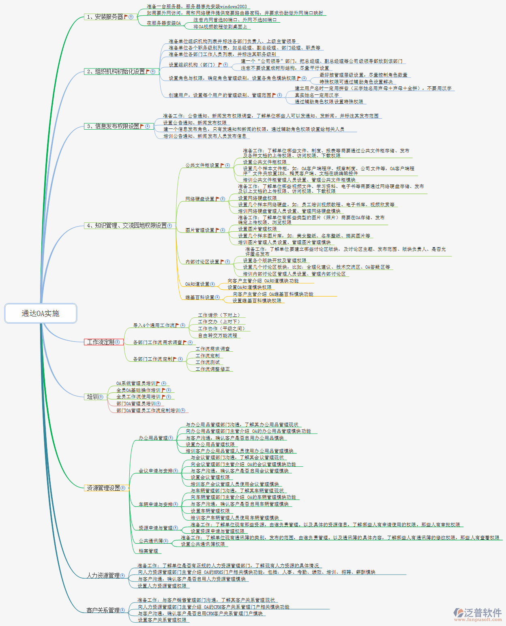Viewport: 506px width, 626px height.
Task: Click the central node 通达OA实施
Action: [x=41, y=313]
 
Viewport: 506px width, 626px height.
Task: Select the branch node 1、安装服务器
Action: [x=105, y=17]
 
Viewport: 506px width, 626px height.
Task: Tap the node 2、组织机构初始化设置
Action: [x=116, y=71]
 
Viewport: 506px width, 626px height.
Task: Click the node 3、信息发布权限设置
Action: [x=113, y=126]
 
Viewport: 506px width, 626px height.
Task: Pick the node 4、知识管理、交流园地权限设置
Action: [x=126, y=225]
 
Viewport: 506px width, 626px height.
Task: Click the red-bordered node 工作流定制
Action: [x=101, y=342]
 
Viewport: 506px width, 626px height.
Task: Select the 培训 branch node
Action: [x=92, y=397]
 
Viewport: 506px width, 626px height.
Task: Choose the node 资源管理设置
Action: [x=103, y=488]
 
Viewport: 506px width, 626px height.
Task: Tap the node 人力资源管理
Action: [x=103, y=575]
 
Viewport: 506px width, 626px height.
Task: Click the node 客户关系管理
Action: [x=103, y=610]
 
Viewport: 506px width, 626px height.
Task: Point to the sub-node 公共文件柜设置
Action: [x=202, y=165]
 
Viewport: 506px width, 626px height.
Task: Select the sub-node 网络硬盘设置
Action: [x=200, y=199]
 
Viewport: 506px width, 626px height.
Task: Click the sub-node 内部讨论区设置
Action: [x=202, y=262]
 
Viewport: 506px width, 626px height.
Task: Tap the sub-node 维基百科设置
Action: [x=200, y=297]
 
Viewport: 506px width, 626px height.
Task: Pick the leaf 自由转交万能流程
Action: [x=217, y=335]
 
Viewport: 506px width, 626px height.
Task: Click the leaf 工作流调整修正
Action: [x=212, y=369]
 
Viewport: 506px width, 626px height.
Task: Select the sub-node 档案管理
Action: [x=148, y=551]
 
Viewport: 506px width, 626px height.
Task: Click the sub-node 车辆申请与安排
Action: [x=155, y=504]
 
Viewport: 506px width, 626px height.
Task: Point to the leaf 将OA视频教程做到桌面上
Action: [x=220, y=27]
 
